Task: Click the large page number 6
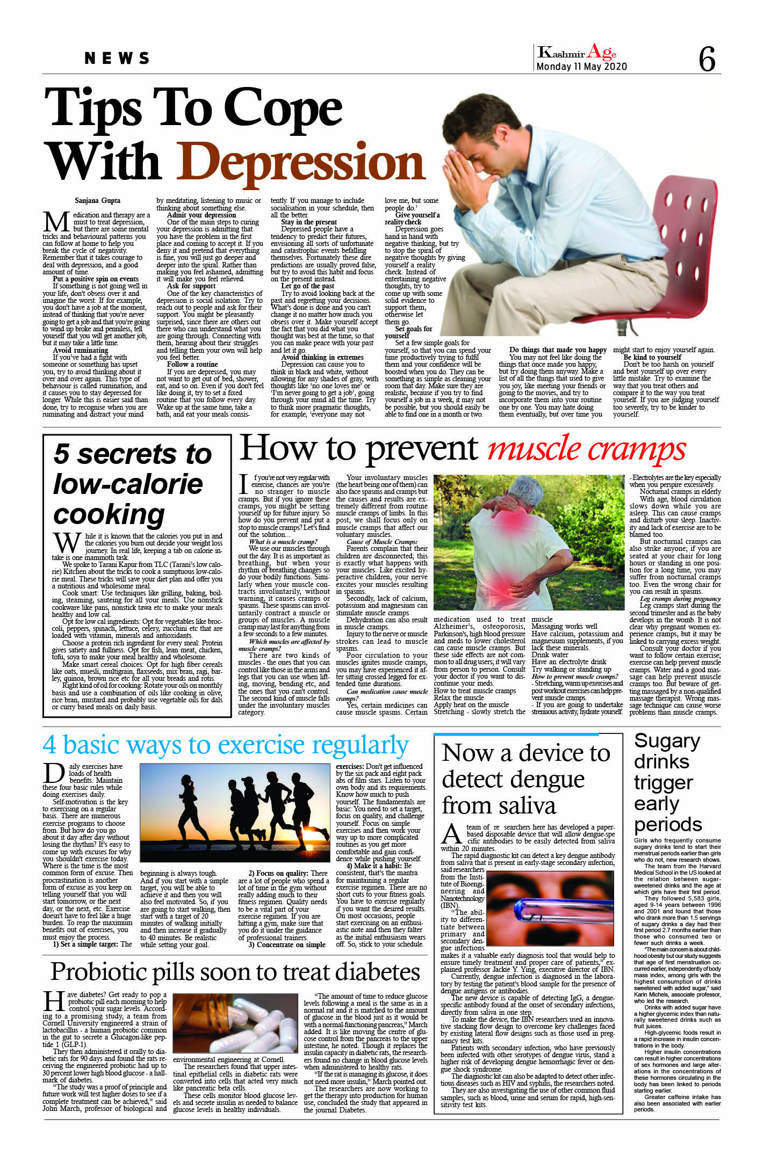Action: coord(707,59)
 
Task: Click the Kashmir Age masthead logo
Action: coord(577,52)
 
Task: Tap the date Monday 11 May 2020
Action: coord(581,67)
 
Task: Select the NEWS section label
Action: coord(117,59)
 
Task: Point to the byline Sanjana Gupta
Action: coord(97,201)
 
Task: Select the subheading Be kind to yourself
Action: coord(652,357)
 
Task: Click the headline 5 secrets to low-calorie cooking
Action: coord(132,483)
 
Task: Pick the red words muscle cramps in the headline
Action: coord(586,449)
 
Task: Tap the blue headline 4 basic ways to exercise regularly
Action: coord(226,745)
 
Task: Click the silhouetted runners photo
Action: coord(234,812)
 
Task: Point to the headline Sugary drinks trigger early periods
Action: coord(667,782)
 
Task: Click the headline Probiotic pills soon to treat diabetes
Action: coord(235,972)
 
